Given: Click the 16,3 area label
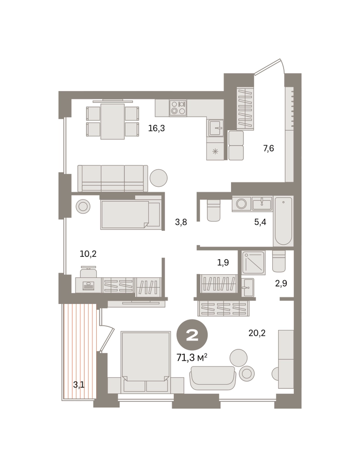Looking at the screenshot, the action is point(156,128).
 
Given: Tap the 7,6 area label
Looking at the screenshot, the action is point(268,148).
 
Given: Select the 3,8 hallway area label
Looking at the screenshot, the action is point(181,222).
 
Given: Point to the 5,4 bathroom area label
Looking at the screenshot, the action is point(260,222).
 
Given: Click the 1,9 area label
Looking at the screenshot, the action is point(223,262).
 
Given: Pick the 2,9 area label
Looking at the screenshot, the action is point(281,283).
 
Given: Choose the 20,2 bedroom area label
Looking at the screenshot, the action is point(257,333).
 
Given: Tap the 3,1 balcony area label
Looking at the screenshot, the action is point(79,385).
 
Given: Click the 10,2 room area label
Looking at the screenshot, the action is point(88,254).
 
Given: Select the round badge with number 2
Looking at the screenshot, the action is point(192,335).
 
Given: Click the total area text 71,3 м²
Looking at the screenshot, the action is point(192,357).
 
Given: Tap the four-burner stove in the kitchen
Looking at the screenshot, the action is point(178,108).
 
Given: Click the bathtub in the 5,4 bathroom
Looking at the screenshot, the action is point(283,221).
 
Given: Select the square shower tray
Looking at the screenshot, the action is point(253,262).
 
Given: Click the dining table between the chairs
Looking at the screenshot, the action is point(112,121).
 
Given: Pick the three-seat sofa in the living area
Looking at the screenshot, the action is point(113,178).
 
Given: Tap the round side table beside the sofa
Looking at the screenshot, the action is point(159,178).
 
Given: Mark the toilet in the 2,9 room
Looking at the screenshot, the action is point(279,261).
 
